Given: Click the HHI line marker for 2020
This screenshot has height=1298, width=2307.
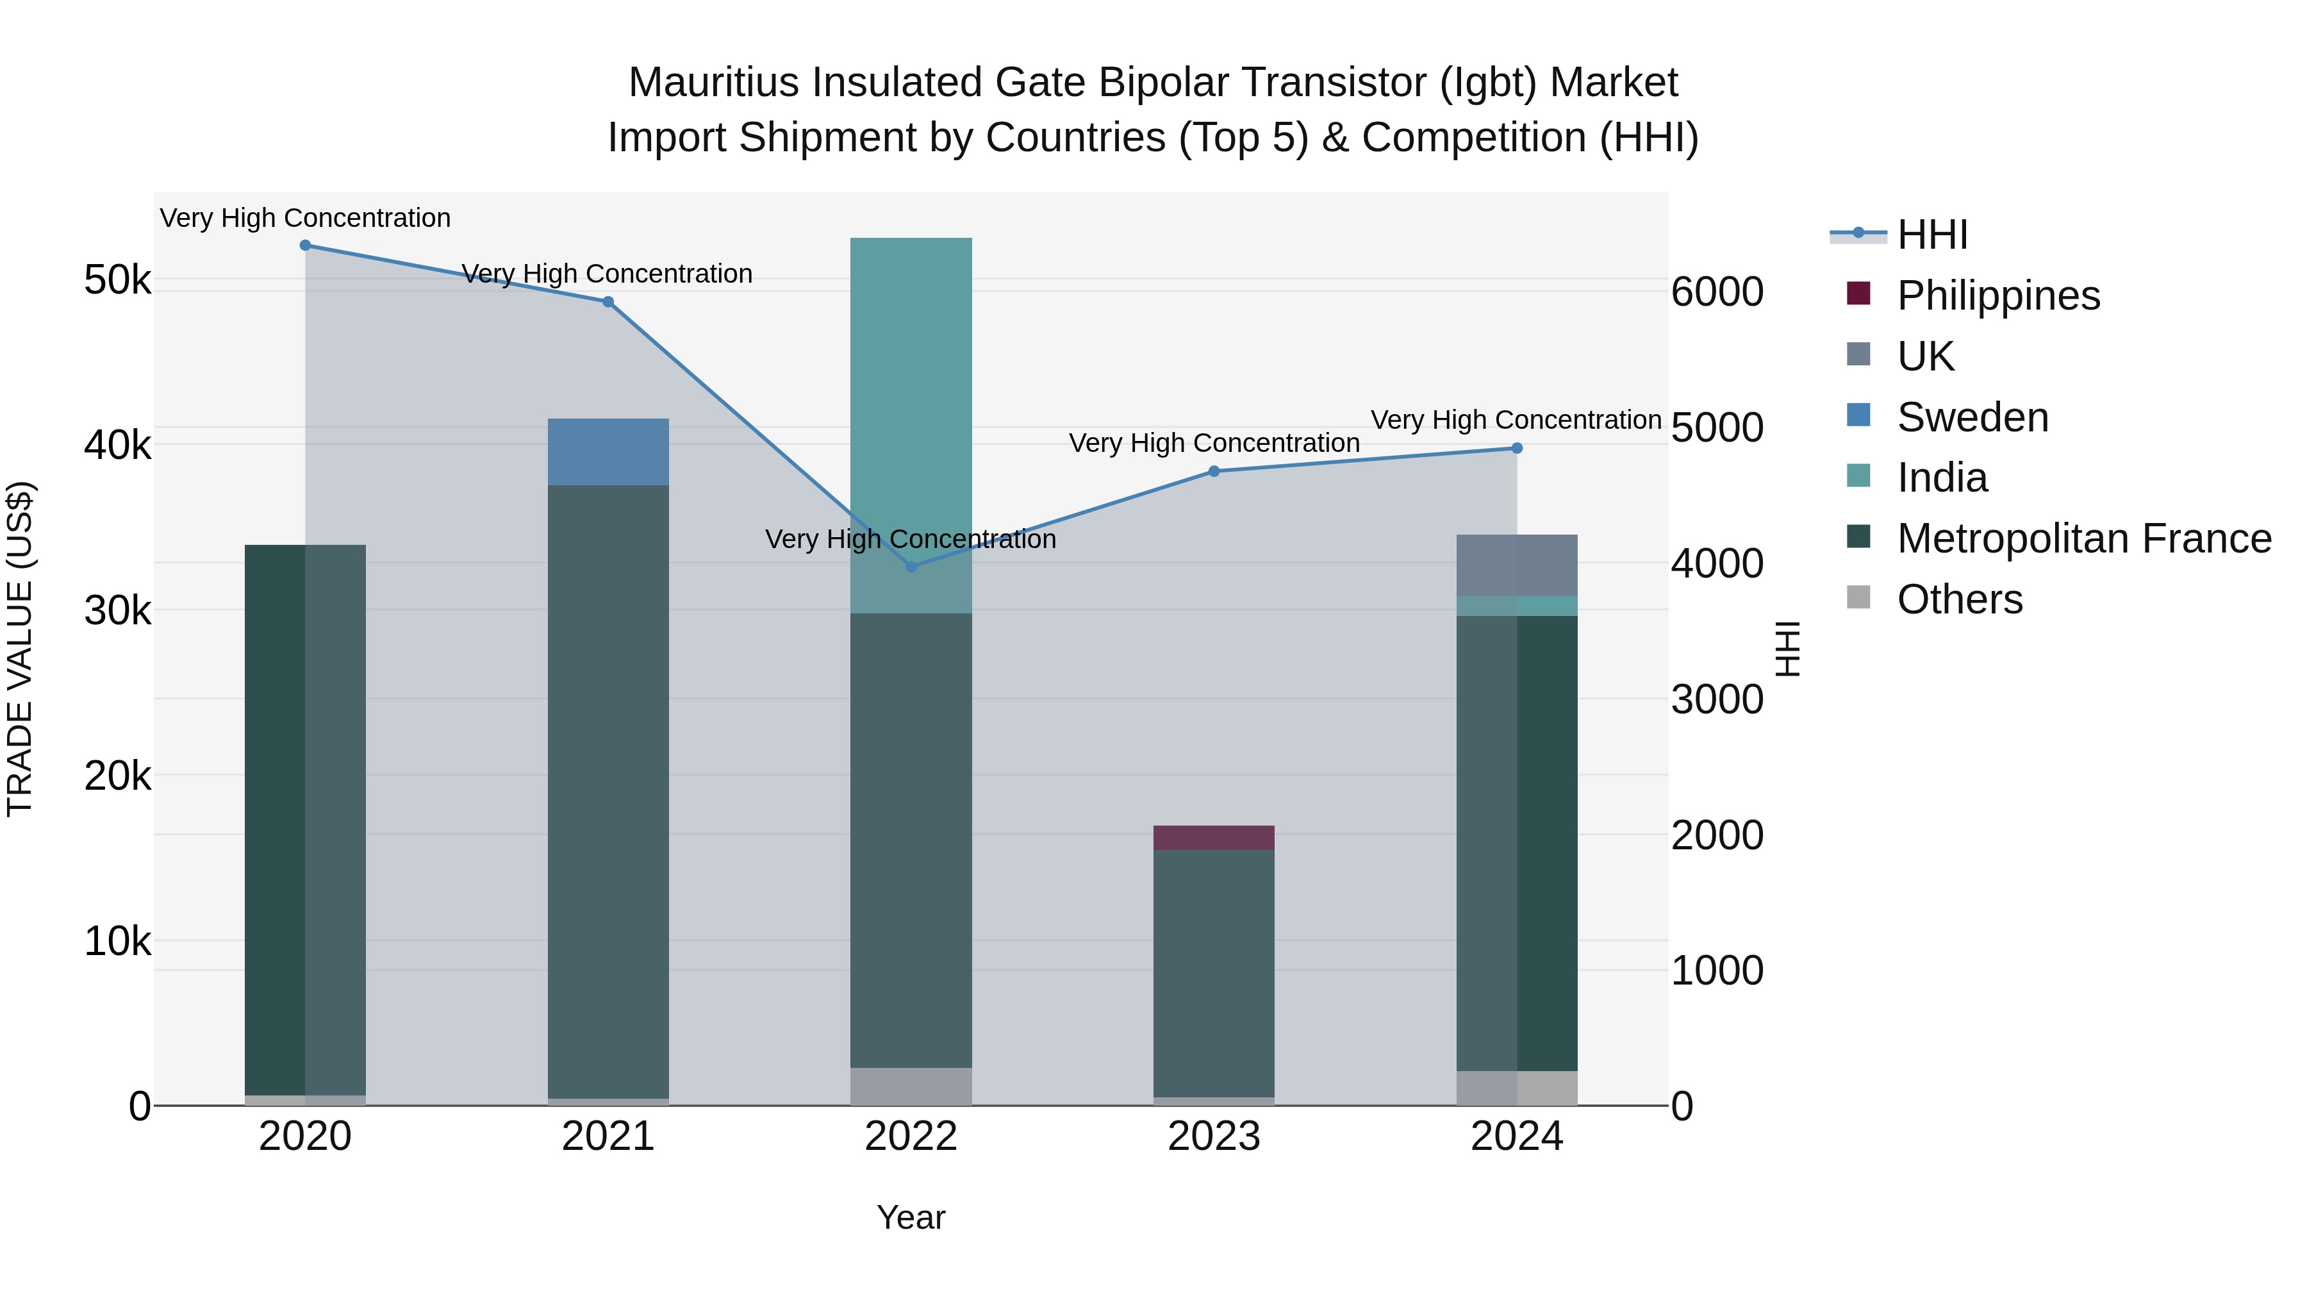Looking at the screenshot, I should pos(306,245).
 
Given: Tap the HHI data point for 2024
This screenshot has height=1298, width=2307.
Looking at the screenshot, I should pos(1517,448).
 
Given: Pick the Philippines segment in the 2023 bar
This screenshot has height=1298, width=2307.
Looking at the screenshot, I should pos(1214,838).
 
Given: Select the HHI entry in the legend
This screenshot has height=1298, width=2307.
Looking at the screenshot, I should pos(1931,235).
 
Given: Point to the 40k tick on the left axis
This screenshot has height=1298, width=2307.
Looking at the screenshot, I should pos(117,444).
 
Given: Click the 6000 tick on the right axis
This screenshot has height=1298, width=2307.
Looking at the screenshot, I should pos(1717,292).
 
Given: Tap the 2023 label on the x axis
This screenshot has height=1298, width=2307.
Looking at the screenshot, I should pos(1214,1136).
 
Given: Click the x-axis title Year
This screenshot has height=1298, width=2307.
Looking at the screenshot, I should pos(911,1217).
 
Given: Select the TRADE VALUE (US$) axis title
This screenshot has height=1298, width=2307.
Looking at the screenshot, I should pos(20,649).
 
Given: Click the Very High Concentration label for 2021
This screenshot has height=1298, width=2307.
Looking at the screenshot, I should pos(608,274).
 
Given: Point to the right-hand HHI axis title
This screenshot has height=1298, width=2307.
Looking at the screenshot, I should pos(1787,649).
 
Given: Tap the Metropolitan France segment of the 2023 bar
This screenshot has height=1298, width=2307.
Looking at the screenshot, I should pos(1214,972).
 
